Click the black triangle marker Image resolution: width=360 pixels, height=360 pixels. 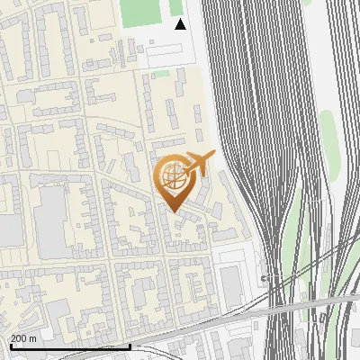tap(181, 24)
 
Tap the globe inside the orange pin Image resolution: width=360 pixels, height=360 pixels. tap(174, 175)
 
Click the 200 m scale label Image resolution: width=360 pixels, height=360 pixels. tap(23, 338)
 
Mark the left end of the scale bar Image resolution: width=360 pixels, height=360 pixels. tap(11, 346)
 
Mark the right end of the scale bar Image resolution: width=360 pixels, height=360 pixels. tap(130, 346)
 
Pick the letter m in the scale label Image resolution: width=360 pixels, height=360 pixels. tap(32, 338)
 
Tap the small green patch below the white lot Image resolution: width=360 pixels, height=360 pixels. tap(160, 75)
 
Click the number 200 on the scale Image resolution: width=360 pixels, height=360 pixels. tap(19, 338)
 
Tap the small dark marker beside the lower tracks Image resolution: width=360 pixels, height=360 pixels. tap(264, 279)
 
